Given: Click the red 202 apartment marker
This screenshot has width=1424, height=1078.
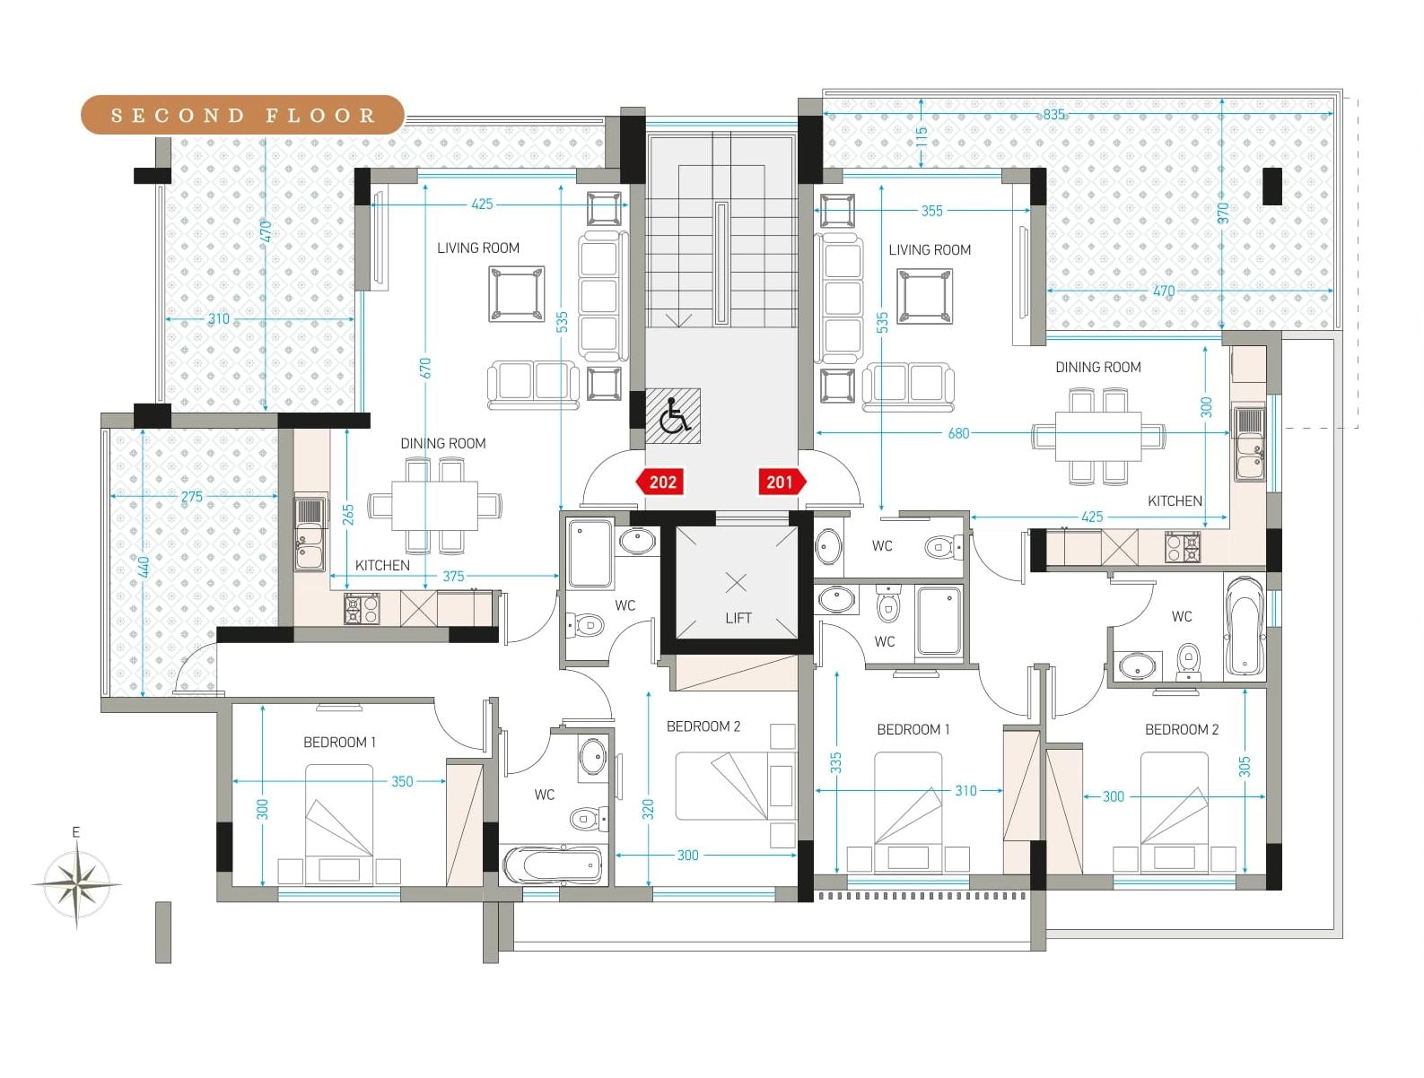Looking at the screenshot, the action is (660, 482).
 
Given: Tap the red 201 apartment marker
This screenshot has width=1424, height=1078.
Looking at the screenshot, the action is (782, 482).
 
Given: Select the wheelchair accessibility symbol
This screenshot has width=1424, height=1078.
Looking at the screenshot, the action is (673, 415).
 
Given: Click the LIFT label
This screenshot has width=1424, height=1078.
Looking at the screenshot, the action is (738, 619).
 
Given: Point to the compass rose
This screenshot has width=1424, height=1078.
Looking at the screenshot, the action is (76, 883).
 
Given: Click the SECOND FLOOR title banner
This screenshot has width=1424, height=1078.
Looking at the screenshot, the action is (242, 115).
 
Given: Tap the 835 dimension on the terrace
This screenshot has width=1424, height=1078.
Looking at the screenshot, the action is (1054, 114).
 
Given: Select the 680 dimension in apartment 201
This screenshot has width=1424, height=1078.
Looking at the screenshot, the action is (959, 433).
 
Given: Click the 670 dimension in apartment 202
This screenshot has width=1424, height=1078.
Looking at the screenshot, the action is (425, 369).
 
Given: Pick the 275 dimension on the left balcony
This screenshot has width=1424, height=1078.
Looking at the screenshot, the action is (192, 497).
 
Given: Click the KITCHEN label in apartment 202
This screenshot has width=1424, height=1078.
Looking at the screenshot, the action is (383, 565).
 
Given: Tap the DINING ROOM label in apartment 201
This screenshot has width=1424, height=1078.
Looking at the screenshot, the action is (1098, 367).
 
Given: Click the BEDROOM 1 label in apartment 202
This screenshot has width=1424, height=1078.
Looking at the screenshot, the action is (340, 743).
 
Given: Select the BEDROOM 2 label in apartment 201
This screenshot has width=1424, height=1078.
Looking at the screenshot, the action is (1182, 729).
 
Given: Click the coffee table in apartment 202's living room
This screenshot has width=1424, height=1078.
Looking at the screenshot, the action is (517, 293).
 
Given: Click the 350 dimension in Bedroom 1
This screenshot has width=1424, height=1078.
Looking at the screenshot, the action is (402, 781).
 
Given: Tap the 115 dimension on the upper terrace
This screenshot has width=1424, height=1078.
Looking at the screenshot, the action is (922, 137).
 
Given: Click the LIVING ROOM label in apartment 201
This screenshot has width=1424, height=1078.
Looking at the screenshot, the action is (930, 249).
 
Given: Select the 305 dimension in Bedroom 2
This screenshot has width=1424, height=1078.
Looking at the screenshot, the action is (1245, 767).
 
